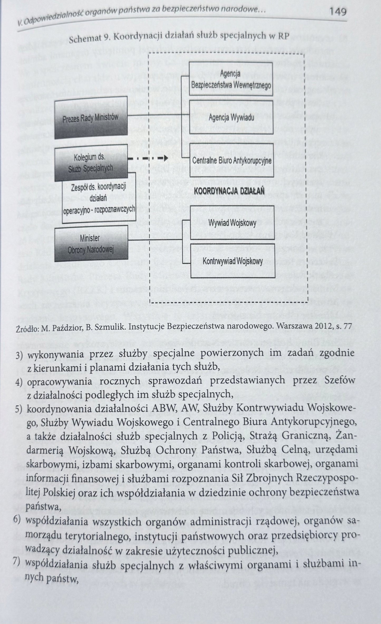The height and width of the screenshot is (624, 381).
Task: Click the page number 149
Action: click(x=337, y=12)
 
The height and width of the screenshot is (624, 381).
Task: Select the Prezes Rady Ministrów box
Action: click(x=91, y=118)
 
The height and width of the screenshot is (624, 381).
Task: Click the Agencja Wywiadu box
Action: click(x=231, y=117)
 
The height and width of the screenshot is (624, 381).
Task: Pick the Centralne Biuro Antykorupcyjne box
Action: click(x=232, y=160)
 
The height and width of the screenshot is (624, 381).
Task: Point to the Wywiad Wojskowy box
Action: click(x=232, y=223)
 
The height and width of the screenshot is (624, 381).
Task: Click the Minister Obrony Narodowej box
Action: click(x=91, y=244)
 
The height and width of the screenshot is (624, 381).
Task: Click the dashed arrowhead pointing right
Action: click(x=165, y=158)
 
